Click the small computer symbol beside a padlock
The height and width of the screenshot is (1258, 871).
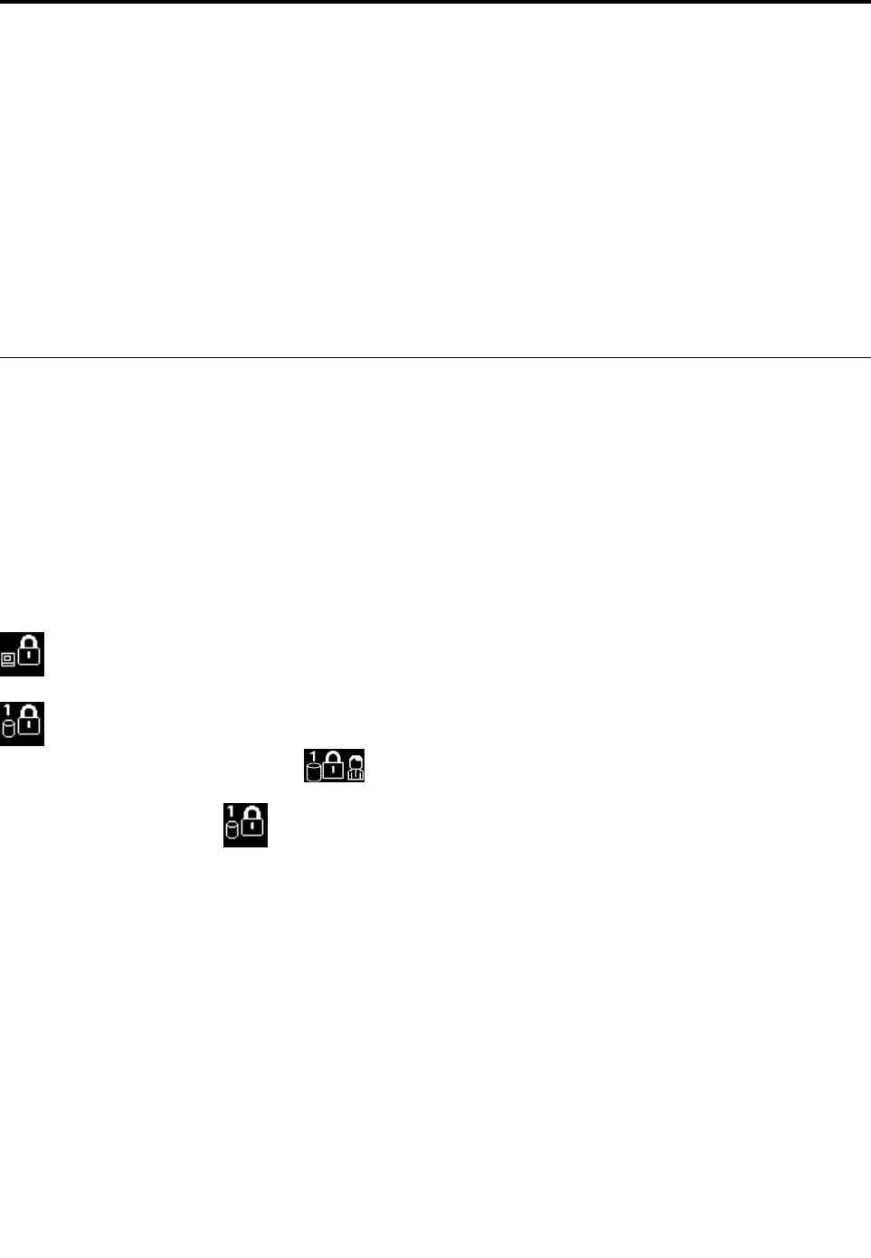point(8,660)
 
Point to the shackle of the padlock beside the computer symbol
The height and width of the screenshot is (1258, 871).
point(30,641)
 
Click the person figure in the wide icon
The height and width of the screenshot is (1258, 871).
point(355,768)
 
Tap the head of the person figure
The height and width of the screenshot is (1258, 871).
point(355,761)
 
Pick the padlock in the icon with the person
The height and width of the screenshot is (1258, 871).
point(334,766)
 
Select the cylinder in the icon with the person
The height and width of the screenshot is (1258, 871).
point(314,771)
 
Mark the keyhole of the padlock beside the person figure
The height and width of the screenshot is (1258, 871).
point(334,771)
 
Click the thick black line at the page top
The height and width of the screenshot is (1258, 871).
point(435,2)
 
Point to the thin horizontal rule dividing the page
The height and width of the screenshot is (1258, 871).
point(435,358)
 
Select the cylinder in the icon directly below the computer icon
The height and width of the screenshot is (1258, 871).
point(9,730)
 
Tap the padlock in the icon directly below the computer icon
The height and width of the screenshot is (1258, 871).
point(30,722)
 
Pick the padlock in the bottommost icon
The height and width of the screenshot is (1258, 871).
point(253,822)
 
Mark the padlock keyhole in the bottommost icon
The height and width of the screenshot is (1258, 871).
point(253,827)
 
